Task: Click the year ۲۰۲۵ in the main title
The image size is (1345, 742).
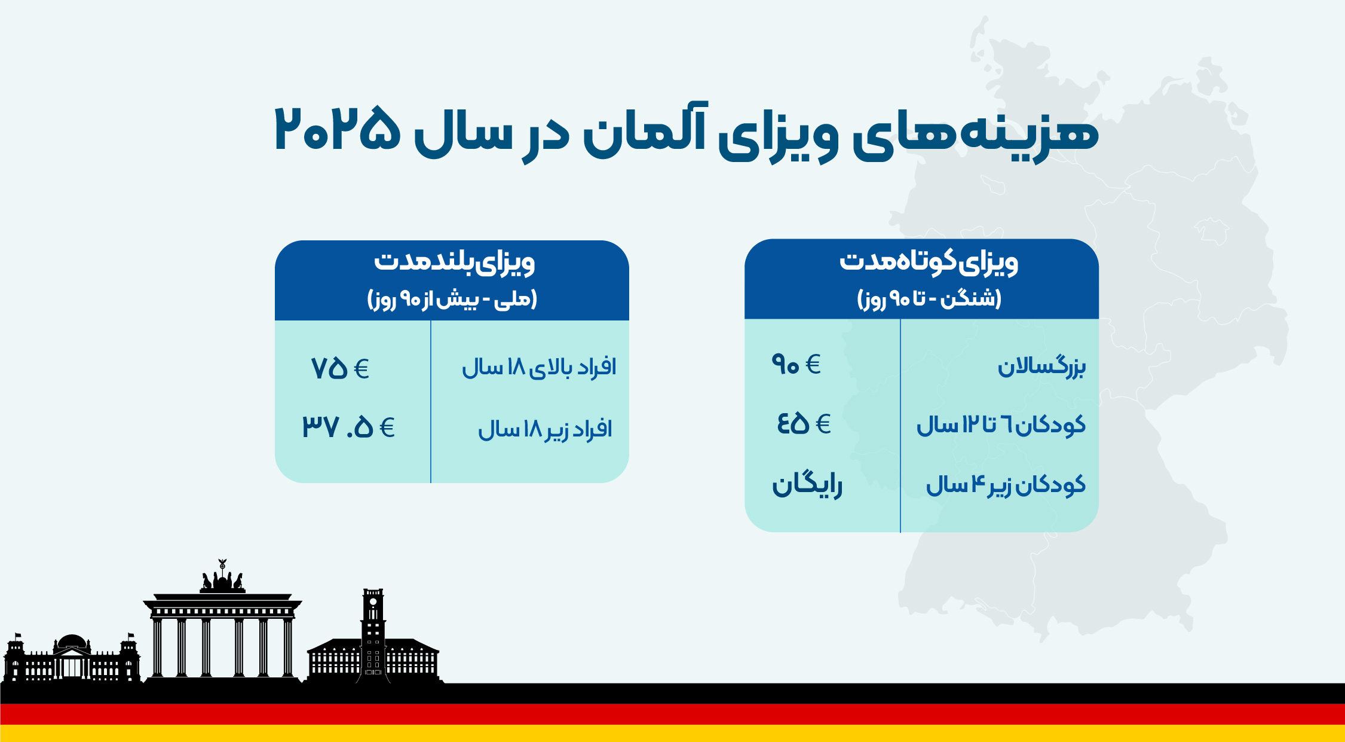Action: point(337,129)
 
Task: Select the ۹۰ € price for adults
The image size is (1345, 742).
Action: point(796,364)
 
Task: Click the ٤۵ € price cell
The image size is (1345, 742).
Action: point(804,423)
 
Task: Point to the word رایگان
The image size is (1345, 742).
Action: point(807,484)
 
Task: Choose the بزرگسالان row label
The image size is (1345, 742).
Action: point(1041,366)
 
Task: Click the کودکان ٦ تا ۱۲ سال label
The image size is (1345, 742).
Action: point(1001,425)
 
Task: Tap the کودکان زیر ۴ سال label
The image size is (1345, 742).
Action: point(1006,484)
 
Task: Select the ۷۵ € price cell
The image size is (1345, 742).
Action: point(340,368)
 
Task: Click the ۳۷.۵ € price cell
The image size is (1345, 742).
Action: point(348,427)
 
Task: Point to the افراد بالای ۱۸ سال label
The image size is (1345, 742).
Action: point(539,367)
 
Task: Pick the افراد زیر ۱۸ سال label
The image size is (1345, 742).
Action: point(545,429)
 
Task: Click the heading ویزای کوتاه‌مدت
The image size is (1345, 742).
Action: point(929,262)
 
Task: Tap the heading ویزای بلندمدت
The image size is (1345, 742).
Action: point(454,263)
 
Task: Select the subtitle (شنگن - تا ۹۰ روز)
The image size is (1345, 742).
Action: point(929,298)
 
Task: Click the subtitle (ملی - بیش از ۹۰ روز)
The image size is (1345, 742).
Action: point(452,299)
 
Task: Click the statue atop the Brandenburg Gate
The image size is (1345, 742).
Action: point(222,577)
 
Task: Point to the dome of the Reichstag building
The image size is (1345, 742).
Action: point(72,642)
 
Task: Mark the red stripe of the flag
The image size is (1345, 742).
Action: point(672,714)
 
